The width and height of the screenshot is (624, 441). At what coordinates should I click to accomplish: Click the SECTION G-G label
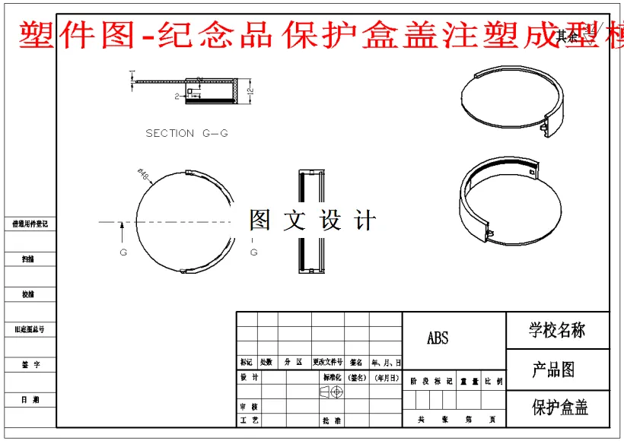[186, 133]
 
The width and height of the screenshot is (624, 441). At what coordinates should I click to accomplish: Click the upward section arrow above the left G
[122, 229]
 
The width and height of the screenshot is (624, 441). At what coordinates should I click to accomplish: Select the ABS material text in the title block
[438, 338]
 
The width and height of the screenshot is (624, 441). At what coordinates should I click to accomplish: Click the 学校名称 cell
[557, 330]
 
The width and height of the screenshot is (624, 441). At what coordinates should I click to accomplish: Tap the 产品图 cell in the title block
[553, 370]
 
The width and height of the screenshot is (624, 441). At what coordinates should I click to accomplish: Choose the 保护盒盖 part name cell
[559, 408]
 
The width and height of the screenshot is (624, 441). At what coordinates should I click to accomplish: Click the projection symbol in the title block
[331, 391]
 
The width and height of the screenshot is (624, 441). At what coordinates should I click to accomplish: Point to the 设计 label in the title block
[249, 377]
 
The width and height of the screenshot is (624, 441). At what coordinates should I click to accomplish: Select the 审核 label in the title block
[249, 407]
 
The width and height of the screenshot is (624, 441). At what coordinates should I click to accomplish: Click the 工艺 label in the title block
[249, 420]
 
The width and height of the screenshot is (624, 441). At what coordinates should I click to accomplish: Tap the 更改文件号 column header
[327, 363]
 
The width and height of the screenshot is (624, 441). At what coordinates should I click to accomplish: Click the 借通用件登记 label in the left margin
[30, 224]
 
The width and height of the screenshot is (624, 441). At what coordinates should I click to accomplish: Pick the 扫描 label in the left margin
[28, 259]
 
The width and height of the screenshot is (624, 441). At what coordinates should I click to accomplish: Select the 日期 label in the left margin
[30, 399]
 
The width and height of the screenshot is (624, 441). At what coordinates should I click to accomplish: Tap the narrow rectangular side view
[308, 221]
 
